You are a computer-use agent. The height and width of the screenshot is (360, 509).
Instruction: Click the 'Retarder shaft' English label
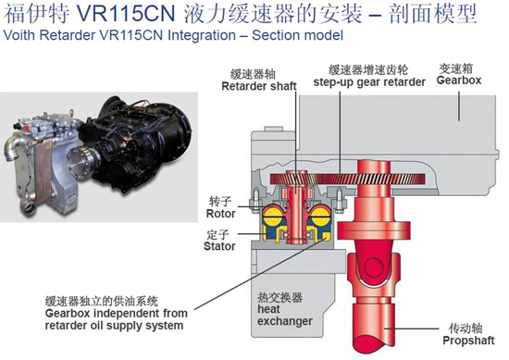[x=259, y=86]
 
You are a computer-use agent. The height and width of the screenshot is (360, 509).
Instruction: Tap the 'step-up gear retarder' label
[x=369, y=82]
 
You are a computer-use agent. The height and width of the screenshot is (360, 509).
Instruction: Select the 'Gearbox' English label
[x=459, y=81]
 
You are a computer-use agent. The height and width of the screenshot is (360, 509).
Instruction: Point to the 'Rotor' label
[x=221, y=214]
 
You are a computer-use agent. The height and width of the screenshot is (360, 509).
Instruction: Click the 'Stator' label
[x=219, y=246]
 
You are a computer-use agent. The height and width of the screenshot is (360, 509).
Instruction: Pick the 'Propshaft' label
[x=468, y=341]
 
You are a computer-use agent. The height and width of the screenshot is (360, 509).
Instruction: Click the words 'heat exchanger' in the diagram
[x=285, y=315]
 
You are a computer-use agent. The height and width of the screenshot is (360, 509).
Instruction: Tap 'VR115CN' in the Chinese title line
[x=127, y=14]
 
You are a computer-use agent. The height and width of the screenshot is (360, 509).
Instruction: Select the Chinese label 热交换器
[x=279, y=297]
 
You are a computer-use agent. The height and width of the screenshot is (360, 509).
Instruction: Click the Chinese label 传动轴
[x=466, y=329]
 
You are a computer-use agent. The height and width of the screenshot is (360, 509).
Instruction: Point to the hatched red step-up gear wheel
[x=347, y=179]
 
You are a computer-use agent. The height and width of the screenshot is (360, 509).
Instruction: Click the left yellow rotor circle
[x=273, y=215]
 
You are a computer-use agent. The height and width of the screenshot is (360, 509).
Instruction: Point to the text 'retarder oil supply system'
[x=114, y=325]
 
